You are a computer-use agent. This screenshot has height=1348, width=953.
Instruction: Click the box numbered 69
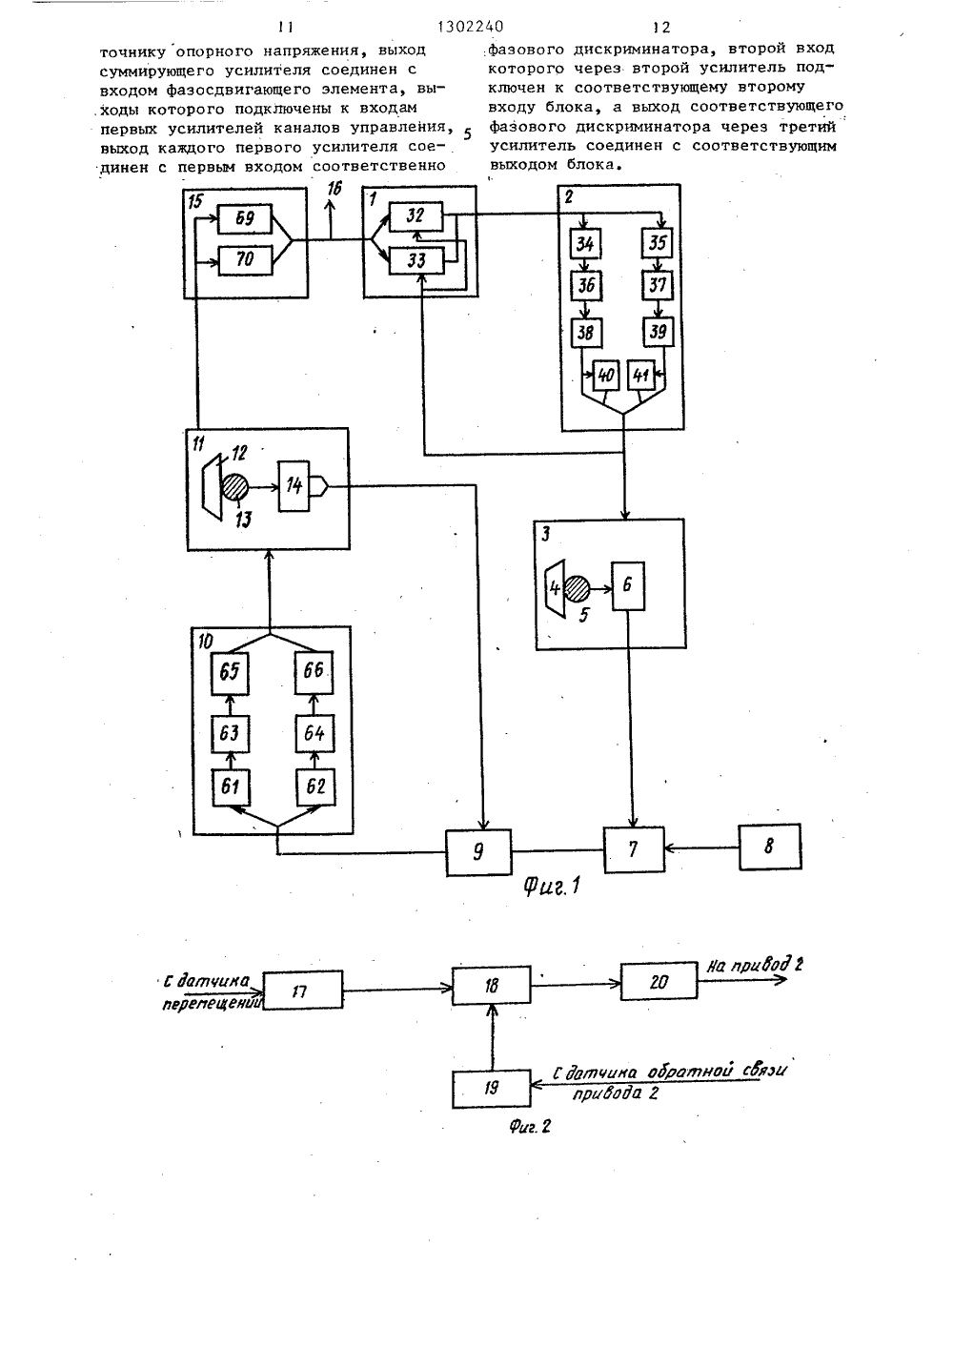pyautogui.click(x=244, y=218)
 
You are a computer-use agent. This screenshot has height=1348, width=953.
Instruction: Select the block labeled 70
pyautogui.click(x=244, y=260)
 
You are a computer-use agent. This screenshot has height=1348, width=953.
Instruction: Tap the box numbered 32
pyautogui.click(x=416, y=216)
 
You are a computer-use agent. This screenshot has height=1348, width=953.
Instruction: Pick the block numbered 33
pyautogui.click(x=416, y=261)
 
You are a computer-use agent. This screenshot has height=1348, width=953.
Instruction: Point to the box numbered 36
pyautogui.click(x=586, y=285)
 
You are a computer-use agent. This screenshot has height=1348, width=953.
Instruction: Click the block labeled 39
pyautogui.click(x=659, y=332)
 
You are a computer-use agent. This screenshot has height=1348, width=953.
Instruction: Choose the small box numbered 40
pyautogui.click(x=605, y=376)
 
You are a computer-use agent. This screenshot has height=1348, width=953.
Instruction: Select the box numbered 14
pyautogui.click(x=294, y=486)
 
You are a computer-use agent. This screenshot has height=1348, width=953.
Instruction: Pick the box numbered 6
pyautogui.click(x=628, y=586)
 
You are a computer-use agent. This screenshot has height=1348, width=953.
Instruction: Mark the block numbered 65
pyautogui.click(x=230, y=672)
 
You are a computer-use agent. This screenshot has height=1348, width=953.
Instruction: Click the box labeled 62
pyautogui.click(x=314, y=787)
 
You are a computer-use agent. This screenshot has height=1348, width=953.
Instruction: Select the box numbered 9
pyautogui.click(x=478, y=852)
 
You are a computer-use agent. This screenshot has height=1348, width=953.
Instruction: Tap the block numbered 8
pyautogui.click(x=769, y=847)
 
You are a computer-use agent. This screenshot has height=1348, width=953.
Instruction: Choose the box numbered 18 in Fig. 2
pyautogui.click(x=491, y=985)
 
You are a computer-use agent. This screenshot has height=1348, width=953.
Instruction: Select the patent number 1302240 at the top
pyautogui.click(x=471, y=27)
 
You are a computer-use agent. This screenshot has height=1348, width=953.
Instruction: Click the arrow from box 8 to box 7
pyautogui.click(x=701, y=848)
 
